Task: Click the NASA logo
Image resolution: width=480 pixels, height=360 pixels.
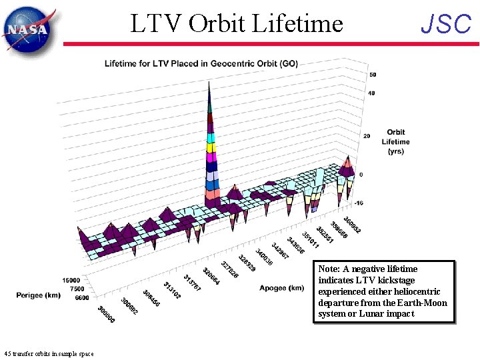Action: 28,29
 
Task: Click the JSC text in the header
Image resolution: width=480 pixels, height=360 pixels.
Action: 446,25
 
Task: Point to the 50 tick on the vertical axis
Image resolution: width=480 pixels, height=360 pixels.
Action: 372,75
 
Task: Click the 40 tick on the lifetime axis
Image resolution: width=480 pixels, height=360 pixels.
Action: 371,93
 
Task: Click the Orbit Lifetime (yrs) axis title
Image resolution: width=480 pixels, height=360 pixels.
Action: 395,141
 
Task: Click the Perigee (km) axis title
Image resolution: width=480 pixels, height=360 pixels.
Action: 37,294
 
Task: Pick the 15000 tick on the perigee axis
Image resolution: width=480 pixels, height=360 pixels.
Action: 71,281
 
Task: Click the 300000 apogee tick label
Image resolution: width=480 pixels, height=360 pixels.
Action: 105,315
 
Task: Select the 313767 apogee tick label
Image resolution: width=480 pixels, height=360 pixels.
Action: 193,283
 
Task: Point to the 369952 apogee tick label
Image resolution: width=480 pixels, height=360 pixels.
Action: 353,225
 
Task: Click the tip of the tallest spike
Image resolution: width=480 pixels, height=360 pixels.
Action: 210,83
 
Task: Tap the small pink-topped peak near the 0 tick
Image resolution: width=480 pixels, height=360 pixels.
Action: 347,163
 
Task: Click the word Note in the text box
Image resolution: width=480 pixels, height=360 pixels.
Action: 331,269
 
